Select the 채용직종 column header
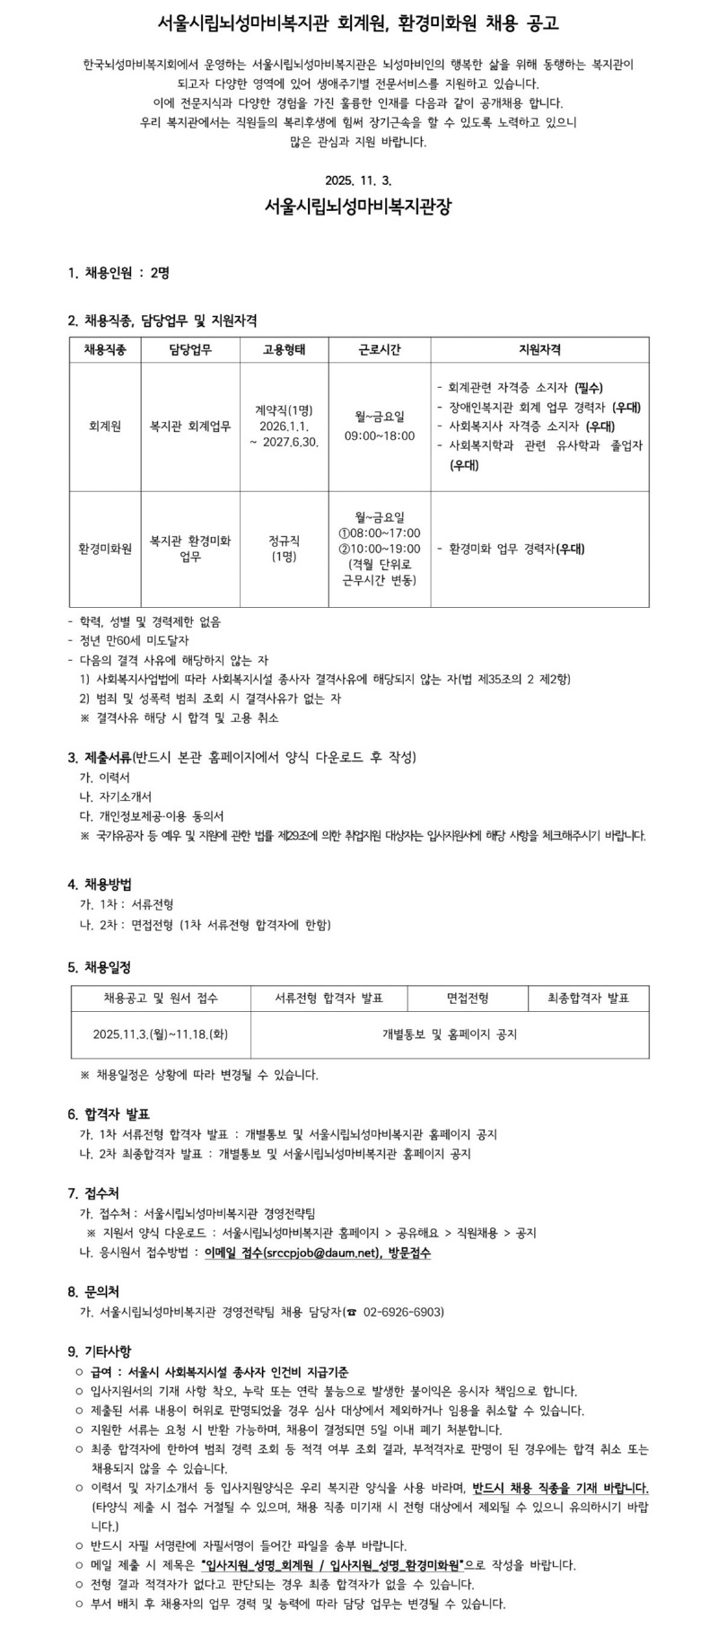pyautogui.click(x=105, y=349)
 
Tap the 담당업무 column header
pyautogui.click(x=189, y=349)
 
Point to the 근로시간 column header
pyautogui.click(x=380, y=349)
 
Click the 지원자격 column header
pyautogui.click(x=539, y=349)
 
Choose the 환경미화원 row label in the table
pyautogui.click(x=105, y=549)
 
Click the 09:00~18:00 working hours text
pyautogui.click(x=380, y=435)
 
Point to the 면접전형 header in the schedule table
pyautogui.click(x=468, y=998)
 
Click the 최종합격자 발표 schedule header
pyautogui.click(x=589, y=998)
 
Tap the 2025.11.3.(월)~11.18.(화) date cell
pyautogui.click(x=161, y=1034)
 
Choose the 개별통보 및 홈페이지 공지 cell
pyautogui.click(x=450, y=1034)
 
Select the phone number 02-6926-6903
pyautogui.click(x=403, y=1312)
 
